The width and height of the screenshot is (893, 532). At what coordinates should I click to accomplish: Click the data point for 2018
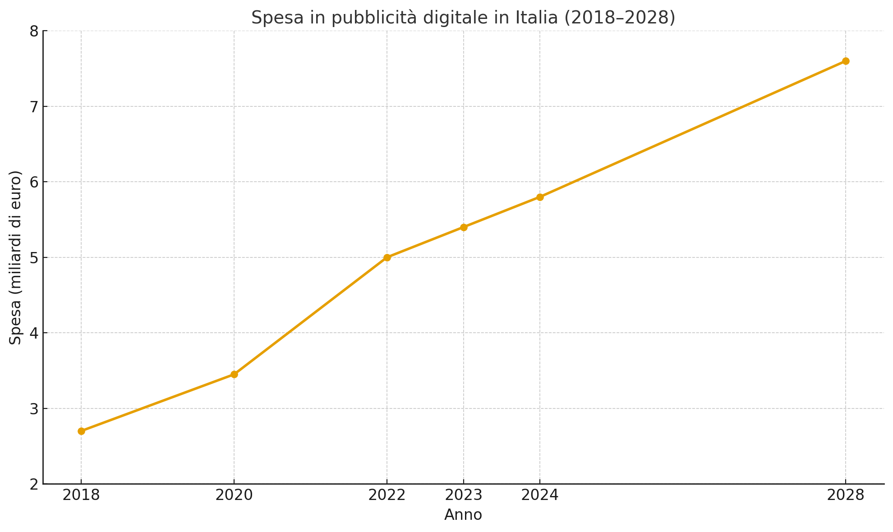point(81,431)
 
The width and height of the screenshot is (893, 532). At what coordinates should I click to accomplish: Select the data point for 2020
point(234,374)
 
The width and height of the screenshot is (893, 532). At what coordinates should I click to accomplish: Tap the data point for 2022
point(387,257)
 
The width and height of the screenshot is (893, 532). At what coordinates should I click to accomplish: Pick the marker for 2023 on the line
point(464,227)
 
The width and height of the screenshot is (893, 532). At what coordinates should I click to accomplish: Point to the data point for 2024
point(540,197)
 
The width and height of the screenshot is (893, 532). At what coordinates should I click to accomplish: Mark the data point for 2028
point(846,61)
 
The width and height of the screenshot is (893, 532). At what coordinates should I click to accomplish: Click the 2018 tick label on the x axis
point(81,495)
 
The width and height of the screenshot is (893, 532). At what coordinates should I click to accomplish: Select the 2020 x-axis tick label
point(234,495)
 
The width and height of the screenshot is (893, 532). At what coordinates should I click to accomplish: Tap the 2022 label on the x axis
point(387,495)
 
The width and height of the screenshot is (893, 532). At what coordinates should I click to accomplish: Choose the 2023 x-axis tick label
point(464,495)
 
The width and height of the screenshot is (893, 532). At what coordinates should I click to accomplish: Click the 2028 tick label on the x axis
point(846,495)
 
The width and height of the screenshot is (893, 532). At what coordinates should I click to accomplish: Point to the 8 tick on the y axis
point(34,32)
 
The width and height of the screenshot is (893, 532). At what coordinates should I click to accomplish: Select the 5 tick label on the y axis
point(34,258)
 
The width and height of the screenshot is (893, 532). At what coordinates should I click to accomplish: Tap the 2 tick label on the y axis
point(34,485)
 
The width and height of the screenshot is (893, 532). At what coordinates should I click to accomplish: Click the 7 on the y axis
point(34,107)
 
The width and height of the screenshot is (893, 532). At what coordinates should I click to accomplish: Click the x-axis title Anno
point(463,515)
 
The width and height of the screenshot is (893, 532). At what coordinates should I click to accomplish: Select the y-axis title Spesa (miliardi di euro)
point(15,257)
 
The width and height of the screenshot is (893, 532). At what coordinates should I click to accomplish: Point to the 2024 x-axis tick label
point(540,495)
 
